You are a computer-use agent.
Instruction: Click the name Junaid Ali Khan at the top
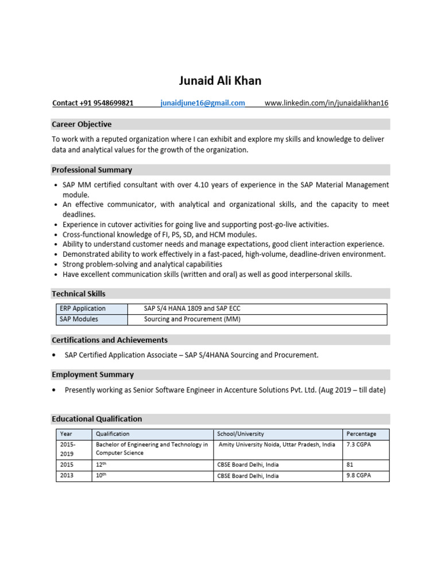(x=220, y=81)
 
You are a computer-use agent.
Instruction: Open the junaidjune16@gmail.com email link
(x=203, y=103)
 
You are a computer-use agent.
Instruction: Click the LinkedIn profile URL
(x=326, y=103)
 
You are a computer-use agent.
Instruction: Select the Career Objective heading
(x=82, y=124)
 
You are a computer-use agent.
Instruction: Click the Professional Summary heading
(x=92, y=170)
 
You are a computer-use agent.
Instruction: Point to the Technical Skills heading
(x=79, y=293)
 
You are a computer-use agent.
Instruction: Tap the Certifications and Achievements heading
(x=110, y=340)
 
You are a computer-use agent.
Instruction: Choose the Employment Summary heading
(x=92, y=374)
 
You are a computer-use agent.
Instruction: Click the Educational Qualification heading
(x=97, y=419)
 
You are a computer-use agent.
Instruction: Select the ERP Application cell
(x=83, y=308)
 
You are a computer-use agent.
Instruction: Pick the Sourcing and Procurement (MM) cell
(x=192, y=319)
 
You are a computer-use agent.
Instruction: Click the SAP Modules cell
(x=79, y=319)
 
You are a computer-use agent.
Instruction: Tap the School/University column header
(x=241, y=434)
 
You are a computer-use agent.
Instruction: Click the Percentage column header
(x=361, y=434)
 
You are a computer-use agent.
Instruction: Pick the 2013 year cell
(x=67, y=476)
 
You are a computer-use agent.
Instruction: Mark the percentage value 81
(x=350, y=464)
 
